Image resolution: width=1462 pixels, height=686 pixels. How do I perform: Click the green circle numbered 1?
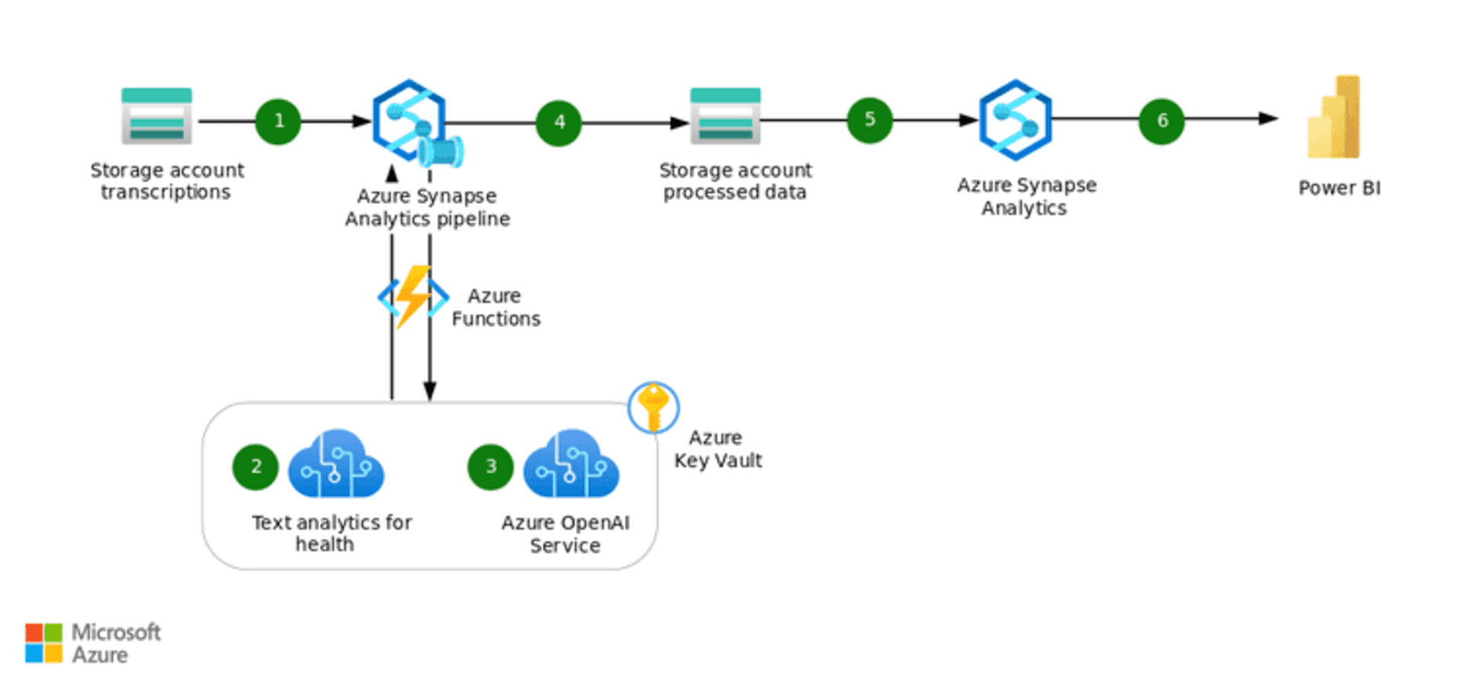[278, 121]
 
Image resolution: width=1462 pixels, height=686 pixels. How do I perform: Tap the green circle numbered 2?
[256, 467]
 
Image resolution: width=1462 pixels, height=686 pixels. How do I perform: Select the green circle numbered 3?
[490, 467]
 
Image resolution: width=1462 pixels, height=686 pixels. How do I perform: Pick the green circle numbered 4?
[559, 123]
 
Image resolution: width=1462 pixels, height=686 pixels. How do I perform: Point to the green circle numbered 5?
[870, 120]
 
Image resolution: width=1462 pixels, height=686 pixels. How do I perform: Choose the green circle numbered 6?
[1161, 120]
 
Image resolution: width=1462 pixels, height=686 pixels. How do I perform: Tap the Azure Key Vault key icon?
[653, 407]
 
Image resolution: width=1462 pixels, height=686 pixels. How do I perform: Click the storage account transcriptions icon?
[157, 116]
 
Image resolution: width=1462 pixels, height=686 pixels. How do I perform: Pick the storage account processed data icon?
[725, 116]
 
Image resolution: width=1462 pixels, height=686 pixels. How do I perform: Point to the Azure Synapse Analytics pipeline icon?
[411, 120]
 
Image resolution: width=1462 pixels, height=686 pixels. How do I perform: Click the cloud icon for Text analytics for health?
[336, 464]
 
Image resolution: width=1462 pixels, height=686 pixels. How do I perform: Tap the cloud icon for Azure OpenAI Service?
[571, 464]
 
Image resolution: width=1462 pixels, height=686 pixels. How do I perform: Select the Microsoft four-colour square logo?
[43, 643]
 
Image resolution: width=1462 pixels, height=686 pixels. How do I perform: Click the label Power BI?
[1339, 188]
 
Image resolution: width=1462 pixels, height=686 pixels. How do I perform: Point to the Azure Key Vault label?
[717, 449]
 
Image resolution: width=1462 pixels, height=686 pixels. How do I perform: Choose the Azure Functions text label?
[496, 308]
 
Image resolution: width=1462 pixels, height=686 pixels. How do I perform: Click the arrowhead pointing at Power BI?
[1269, 119]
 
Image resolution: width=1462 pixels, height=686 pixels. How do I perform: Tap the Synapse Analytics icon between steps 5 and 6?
[1015, 120]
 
